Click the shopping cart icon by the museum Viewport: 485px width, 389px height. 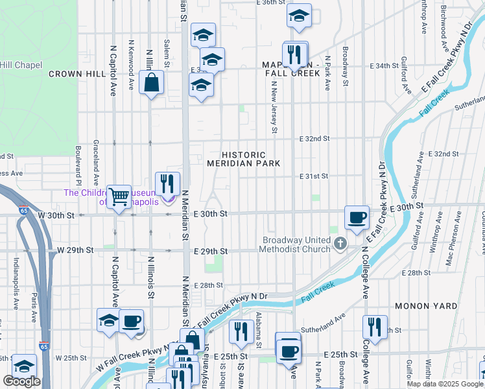pos(118,196)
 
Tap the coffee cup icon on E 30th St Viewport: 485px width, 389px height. pos(355,218)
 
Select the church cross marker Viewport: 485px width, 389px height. pos(340,244)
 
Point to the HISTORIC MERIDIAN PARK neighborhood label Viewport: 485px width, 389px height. pos(244,159)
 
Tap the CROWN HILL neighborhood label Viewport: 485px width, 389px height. pos(78,74)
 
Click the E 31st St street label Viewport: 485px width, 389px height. pos(315,176)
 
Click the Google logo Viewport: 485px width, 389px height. pos(21,381)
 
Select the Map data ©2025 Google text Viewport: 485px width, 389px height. pos(444,384)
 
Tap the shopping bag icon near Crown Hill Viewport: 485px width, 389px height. pos(151,82)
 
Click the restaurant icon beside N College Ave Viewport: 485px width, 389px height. pos(375,327)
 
